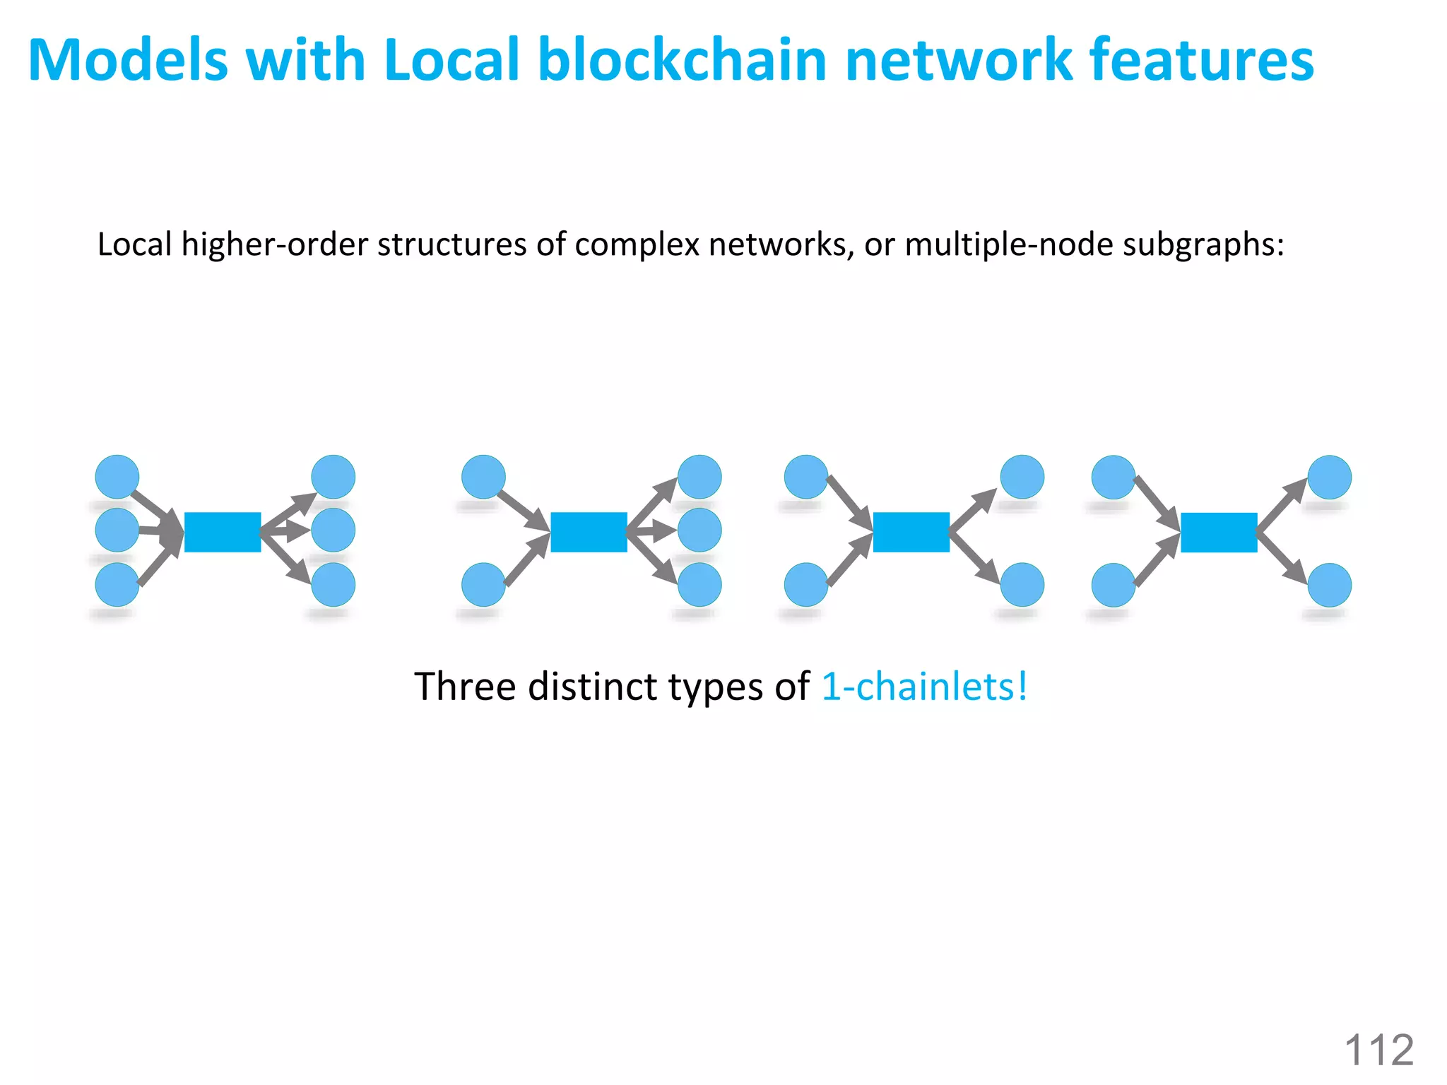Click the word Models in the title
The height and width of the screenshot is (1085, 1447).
pos(128,60)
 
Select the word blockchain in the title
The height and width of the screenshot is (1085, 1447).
pos(682,60)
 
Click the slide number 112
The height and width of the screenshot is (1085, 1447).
pos(1378,1050)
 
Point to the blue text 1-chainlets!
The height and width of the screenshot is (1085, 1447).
pos(924,687)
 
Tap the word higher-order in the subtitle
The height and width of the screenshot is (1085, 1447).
pos(276,244)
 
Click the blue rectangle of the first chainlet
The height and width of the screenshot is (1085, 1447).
pos(223,532)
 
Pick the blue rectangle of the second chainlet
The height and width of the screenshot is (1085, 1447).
pos(589,532)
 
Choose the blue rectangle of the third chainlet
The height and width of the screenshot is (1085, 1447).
pos(911,532)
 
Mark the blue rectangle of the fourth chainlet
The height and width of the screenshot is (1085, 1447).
pos(1219,532)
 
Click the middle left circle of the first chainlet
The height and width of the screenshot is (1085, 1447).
pos(117,530)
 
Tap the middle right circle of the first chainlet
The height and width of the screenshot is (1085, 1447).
pos(333,530)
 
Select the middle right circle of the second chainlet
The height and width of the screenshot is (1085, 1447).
pos(699,530)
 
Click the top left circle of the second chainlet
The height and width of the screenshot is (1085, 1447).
pos(483,477)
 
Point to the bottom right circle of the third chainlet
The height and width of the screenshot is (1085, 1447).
pos(1022,585)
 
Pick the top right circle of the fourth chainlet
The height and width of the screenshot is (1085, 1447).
pos(1330,478)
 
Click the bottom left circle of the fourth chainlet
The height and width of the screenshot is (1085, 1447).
pos(1114,585)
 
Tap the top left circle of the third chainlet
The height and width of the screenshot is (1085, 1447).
pos(806,477)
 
